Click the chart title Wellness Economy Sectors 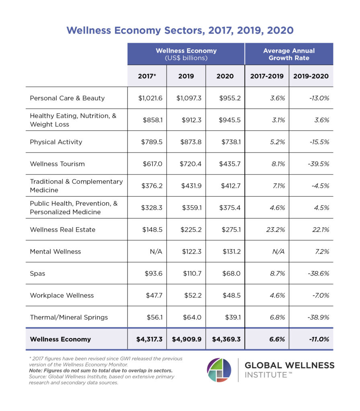(x=180, y=31)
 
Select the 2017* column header (x=147, y=76)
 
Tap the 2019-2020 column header (x=311, y=76)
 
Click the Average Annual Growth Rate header (x=288, y=54)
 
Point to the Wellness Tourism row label (x=57, y=164)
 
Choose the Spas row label (x=38, y=273)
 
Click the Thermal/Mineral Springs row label (x=69, y=317)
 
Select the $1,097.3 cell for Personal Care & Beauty (x=186, y=98)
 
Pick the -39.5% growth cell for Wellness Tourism (x=311, y=164)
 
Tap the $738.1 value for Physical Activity (x=225, y=142)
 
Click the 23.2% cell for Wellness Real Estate (x=267, y=230)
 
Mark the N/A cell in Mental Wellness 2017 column (x=147, y=252)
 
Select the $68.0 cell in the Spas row (x=225, y=273)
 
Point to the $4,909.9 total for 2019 (x=186, y=339)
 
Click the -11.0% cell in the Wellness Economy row (x=311, y=339)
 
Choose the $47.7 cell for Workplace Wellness (x=147, y=295)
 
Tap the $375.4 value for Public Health (x=225, y=208)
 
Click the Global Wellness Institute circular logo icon (x=219, y=370)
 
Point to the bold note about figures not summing (x=100, y=370)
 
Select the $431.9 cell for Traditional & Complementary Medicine (x=186, y=185)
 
